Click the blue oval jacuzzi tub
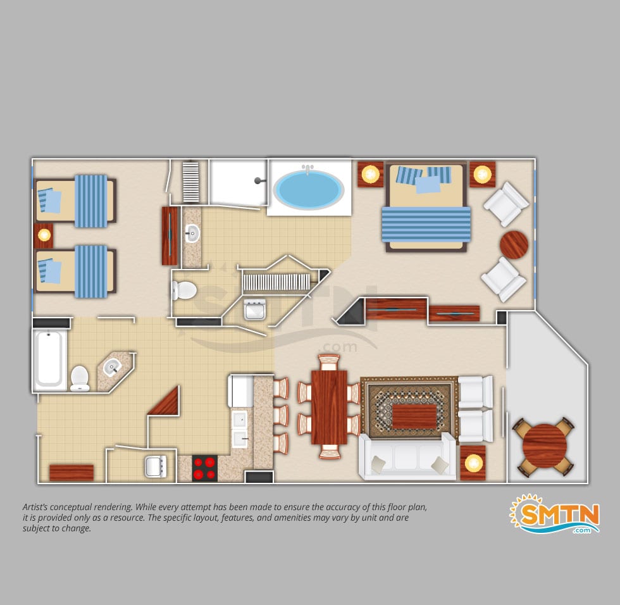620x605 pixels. coord(308,189)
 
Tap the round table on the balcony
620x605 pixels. coord(545,446)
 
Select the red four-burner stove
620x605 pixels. coord(205,468)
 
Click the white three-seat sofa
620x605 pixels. coord(407,457)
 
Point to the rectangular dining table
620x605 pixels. coord(329,408)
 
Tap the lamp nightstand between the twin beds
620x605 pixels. coord(44,235)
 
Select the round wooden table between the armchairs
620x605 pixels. coord(514,245)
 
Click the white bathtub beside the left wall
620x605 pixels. coord(49,359)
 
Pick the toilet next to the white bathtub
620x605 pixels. coord(80,378)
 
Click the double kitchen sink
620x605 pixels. coord(240,429)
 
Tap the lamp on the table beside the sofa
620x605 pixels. coord(473,463)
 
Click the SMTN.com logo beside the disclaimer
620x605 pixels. coord(555,514)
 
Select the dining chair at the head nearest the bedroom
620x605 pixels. coord(329,361)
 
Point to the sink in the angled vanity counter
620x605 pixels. coord(112,368)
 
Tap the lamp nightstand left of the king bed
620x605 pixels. coord(371,174)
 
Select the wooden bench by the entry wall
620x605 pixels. coord(71,473)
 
